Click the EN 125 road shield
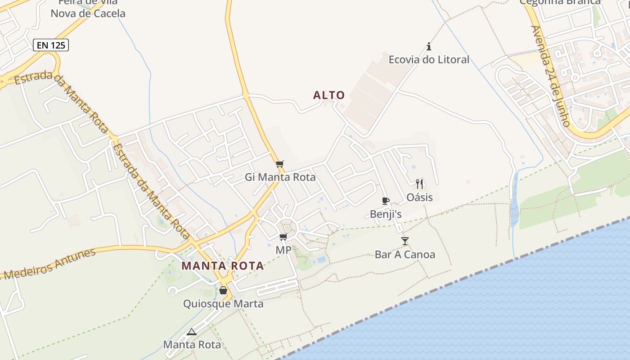(x=51, y=45)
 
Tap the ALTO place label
(x=329, y=95)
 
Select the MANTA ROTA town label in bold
(x=223, y=266)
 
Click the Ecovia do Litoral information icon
(x=429, y=46)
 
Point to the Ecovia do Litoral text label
(x=429, y=59)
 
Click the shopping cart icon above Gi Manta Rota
(x=280, y=164)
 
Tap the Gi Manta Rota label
(x=280, y=177)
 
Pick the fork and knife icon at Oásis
(x=419, y=184)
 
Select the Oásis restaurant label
(x=419, y=197)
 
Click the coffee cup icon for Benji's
(x=385, y=201)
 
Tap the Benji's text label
(x=386, y=214)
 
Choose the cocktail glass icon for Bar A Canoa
(x=405, y=241)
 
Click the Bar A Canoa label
(x=405, y=255)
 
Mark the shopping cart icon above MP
(x=283, y=237)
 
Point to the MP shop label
(x=283, y=250)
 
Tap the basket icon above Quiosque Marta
(x=223, y=290)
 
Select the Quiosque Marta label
(x=223, y=304)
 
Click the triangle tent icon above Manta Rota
(x=192, y=332)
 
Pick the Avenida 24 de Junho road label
(x=550, y=76)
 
